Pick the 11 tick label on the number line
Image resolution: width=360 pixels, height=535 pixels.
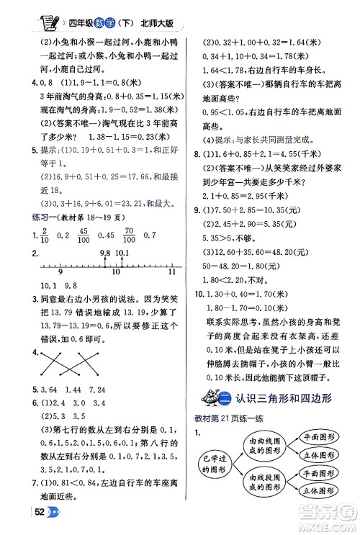point(171,272)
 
